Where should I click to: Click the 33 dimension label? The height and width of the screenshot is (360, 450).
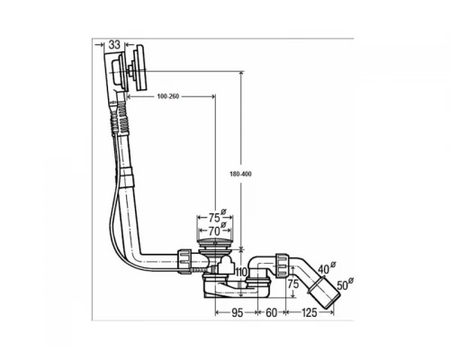pos(114,45)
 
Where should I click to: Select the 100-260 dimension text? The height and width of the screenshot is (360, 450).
pos(168,96)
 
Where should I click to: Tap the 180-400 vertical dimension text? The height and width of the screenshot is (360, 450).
pos(240,174)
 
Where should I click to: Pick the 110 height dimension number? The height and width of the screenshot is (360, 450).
pos(241,273)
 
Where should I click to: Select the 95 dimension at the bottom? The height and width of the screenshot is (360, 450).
pos(237,312)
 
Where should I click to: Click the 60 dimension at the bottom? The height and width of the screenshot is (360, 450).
pos(271,312)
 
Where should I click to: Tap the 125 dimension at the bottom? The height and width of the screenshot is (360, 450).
pos(309,312)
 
